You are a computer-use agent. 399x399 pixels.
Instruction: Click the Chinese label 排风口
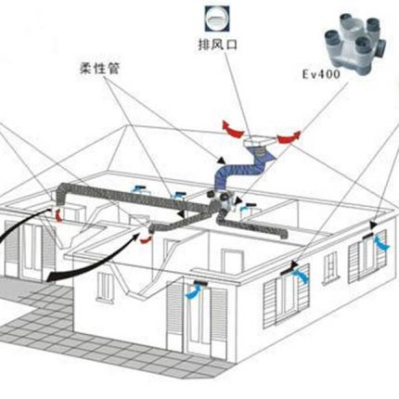[217, 45]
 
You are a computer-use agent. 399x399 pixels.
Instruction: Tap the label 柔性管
[99, 68]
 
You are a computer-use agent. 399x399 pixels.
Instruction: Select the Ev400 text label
[321, 74]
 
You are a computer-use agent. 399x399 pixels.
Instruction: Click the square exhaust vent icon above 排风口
[217, 19]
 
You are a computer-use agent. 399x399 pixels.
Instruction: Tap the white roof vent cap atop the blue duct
[259, 141]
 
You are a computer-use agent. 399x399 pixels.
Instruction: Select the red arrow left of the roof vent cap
[232, 130]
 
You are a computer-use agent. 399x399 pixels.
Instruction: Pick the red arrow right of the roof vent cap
[289, 137]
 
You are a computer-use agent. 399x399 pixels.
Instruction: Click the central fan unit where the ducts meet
[222, 202]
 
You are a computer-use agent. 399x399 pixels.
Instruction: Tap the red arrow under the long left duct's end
[58, 215]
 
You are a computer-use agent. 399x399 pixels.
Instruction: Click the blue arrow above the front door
[194, 291]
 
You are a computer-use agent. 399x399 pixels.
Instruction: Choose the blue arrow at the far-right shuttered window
[381, 243]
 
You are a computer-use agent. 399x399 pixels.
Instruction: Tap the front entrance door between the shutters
[197, 318]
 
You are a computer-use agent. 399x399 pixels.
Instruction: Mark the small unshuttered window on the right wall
[330, 267]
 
